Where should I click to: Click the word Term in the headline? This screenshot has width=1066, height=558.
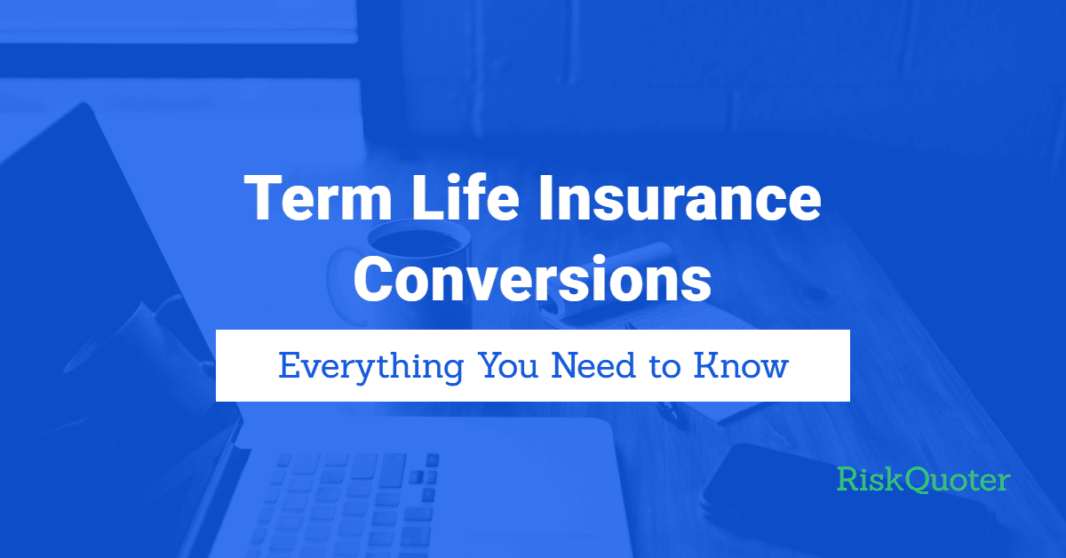pyautogui.click(x=318, y=197)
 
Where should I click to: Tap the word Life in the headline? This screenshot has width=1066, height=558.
pyautogui.click(x=465, y=197)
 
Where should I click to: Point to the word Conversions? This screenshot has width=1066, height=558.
pyautogui.click(x=532, y=279)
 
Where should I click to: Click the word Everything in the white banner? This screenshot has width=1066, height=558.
pyautogui.click(x=371, y=368)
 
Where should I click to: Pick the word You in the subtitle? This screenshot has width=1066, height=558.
pyautogui.click(x=507, y=366)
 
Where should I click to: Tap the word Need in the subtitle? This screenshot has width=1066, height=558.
pyautogui.click(x=593, y=366)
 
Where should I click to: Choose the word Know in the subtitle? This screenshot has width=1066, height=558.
pyautogui.click(x=741, y=366)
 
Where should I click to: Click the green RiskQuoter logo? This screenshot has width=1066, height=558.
pyautogui.click(x=924, y=480)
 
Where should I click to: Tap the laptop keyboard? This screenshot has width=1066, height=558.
pyautogui.click(x=347, y=505)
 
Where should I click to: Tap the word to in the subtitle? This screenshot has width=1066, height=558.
pyautogui.click(x=664, y=368)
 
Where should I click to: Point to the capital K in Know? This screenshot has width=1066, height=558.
pyautogui.click(x=709, y=366)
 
